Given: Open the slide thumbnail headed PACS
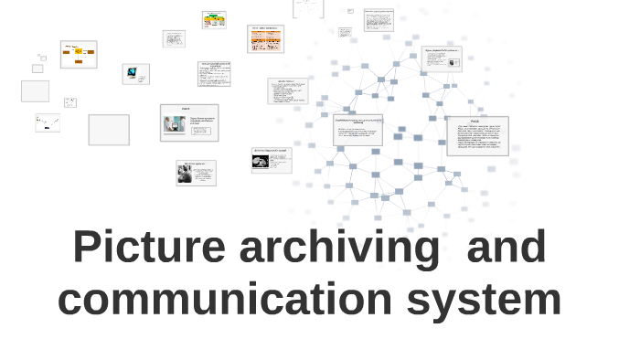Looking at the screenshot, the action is coord(477,135).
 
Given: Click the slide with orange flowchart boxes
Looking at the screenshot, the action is coord(79,54).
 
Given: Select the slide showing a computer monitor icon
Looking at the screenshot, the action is coord(135,74).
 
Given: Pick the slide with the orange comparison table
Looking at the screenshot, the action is coord(265,38).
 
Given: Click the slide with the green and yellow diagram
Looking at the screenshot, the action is coord(214,19).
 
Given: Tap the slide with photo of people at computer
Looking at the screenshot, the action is coord(189,122).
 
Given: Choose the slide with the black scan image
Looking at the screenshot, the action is coord(272,160).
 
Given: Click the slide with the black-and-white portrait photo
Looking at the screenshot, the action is coord(196,173).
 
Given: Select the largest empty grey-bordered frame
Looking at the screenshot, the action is coord(109,130).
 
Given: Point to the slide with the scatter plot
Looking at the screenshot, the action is coord(48,122).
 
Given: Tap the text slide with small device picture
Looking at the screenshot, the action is coord(442,59).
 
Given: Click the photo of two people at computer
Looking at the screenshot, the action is coord(176,125).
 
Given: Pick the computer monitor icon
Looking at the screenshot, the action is coord(133,72).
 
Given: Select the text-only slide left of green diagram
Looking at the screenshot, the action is coord(174,38).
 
